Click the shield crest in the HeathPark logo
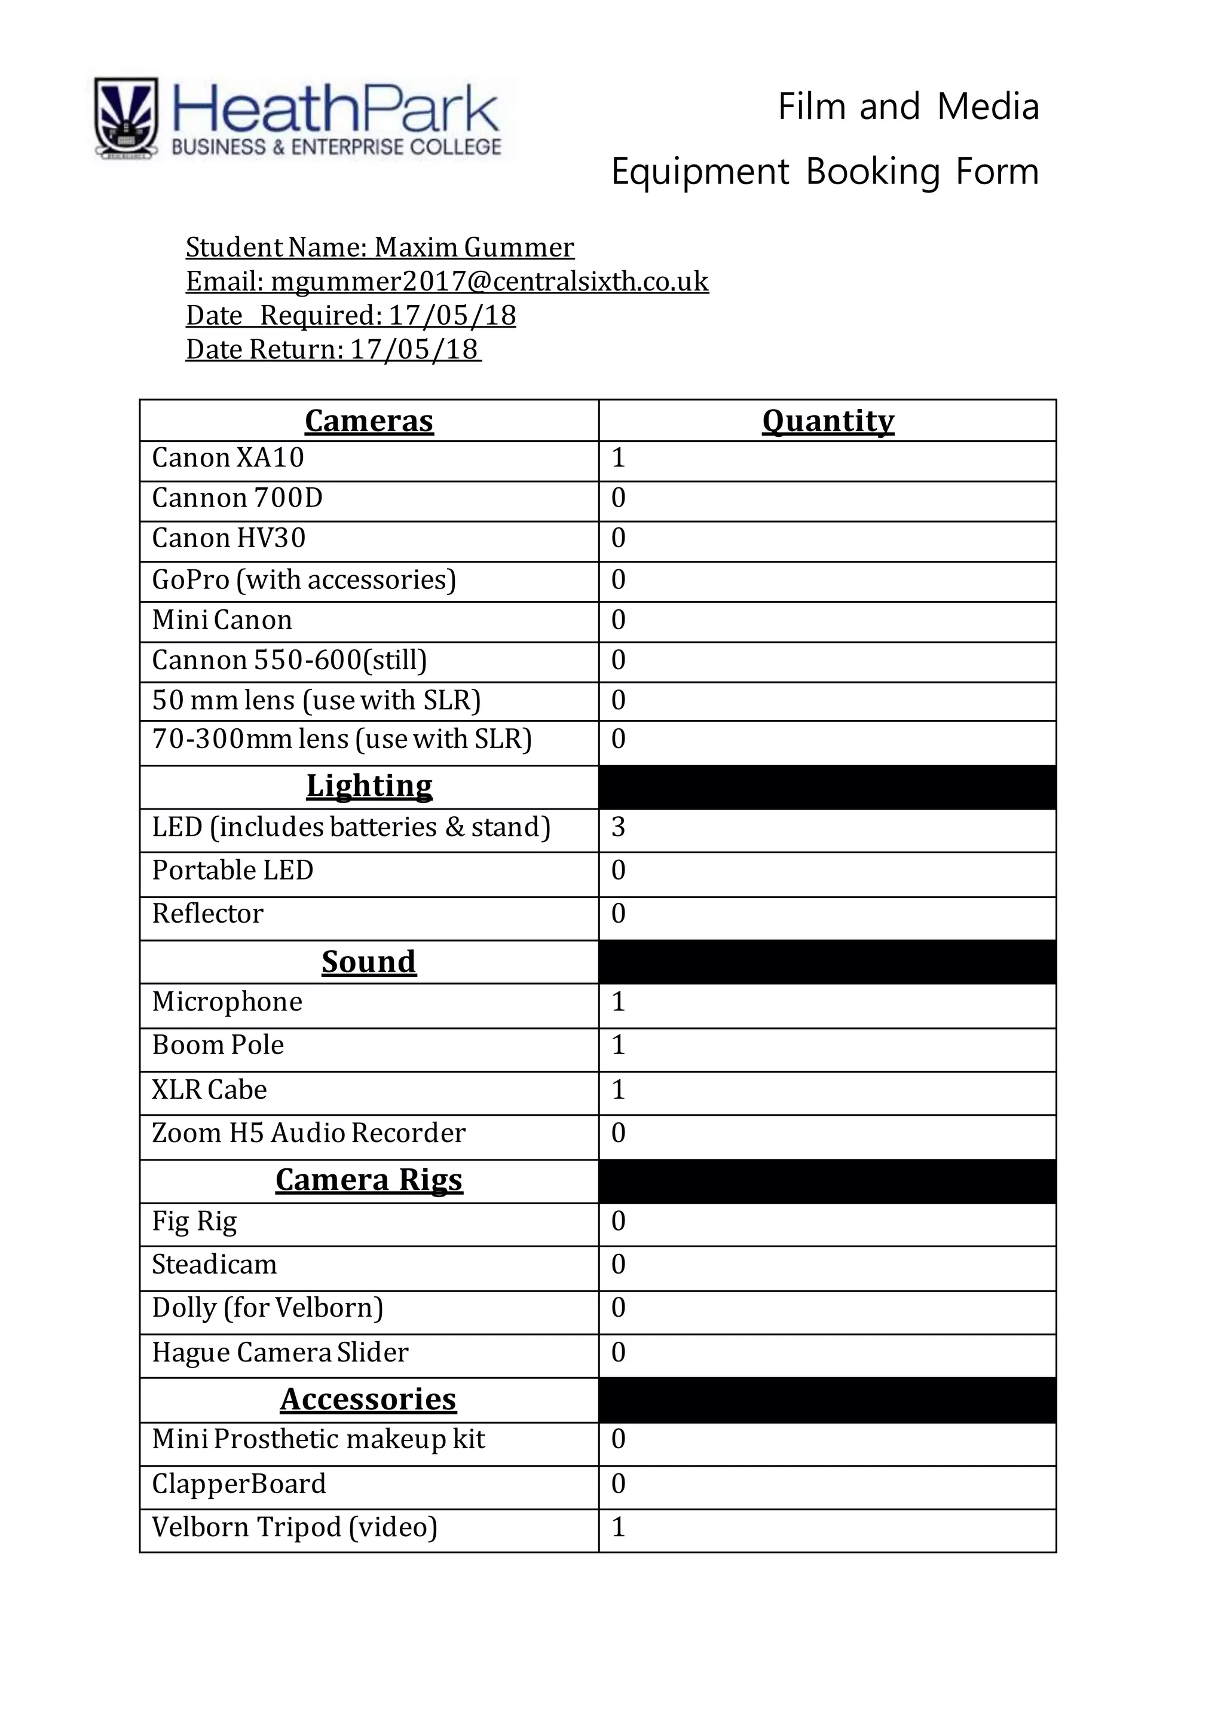[x=126, y=118]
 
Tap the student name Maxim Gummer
[x=474, y=248]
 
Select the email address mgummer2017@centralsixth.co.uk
[x=489, y=282]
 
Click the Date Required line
[x=350, y=316]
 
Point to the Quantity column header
[x=828, y=421]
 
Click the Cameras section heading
[x=369, y=421]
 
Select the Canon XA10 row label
[x=228, y=457]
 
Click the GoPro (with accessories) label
[x=304, y=580]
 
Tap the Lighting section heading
[x=369, y=786]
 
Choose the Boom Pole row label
[x=218, y=1045]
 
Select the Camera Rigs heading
[x=369, y=1180]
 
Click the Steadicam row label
[x=214, y=1264]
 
